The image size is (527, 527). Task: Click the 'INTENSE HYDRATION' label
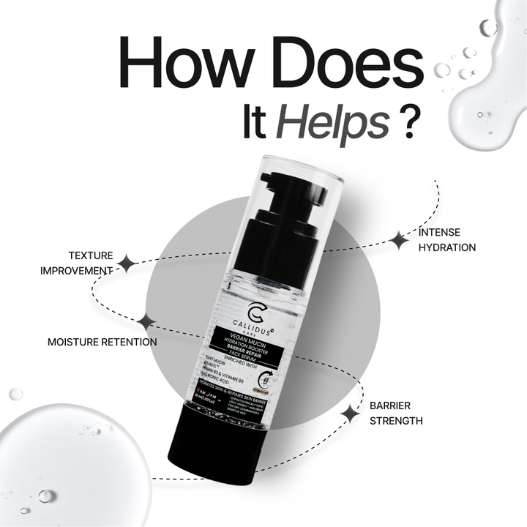pos(446,239)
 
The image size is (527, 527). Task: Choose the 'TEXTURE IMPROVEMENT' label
pos(80,263)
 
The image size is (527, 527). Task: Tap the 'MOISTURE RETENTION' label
pos(102,342)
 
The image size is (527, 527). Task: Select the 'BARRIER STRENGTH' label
pos(396,412)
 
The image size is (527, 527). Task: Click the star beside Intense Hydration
pos(397,240)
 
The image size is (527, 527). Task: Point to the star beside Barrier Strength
pos(350,414)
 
